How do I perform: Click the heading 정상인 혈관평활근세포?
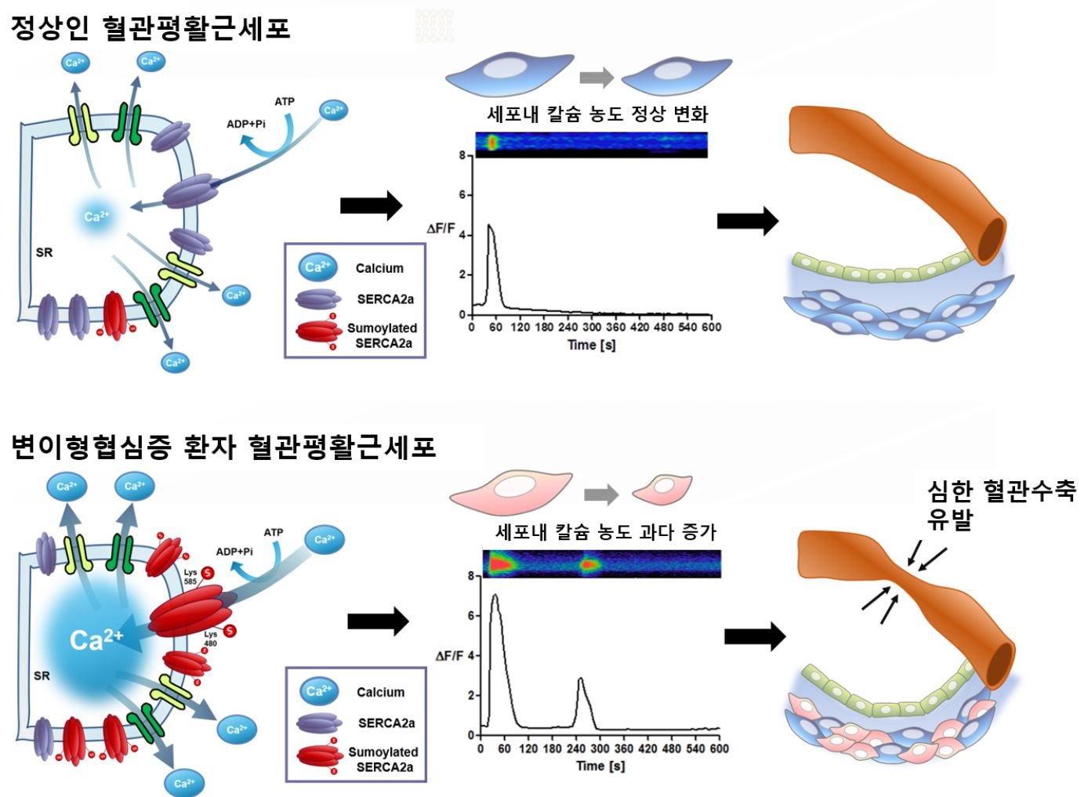click(x=150, y=29)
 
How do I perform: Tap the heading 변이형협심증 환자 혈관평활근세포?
click(x=223, y=447)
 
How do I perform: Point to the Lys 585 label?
click(x=190, y=577)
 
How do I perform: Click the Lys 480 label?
click(x=210, y=639)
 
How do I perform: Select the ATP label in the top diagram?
click(x=285, y=102)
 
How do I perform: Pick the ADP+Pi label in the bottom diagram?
click(x=234, y=552)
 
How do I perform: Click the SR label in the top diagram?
click(x=44, y=252)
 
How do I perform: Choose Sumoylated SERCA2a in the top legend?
click(x=382, y=335)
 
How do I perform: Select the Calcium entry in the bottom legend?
click(x=380, y=692)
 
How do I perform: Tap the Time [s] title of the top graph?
click(x=591, y=345)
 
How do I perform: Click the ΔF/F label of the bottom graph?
click(x=449, y=655)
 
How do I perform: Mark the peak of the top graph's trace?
click(x=490, y=226)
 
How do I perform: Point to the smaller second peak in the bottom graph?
click(x=580, y=679)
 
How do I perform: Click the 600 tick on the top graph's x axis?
click(x=711, y=327)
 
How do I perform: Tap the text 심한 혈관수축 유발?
click(x=1001, y=504)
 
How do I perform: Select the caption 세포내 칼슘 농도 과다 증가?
click(x=605, y=533)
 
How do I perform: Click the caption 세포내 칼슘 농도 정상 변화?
click(x=597, y=114)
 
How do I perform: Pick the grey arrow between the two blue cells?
click(x=597, y=78)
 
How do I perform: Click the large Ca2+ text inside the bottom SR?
click(x=96, y=639)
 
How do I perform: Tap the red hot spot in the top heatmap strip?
click(x=492, y=142)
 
